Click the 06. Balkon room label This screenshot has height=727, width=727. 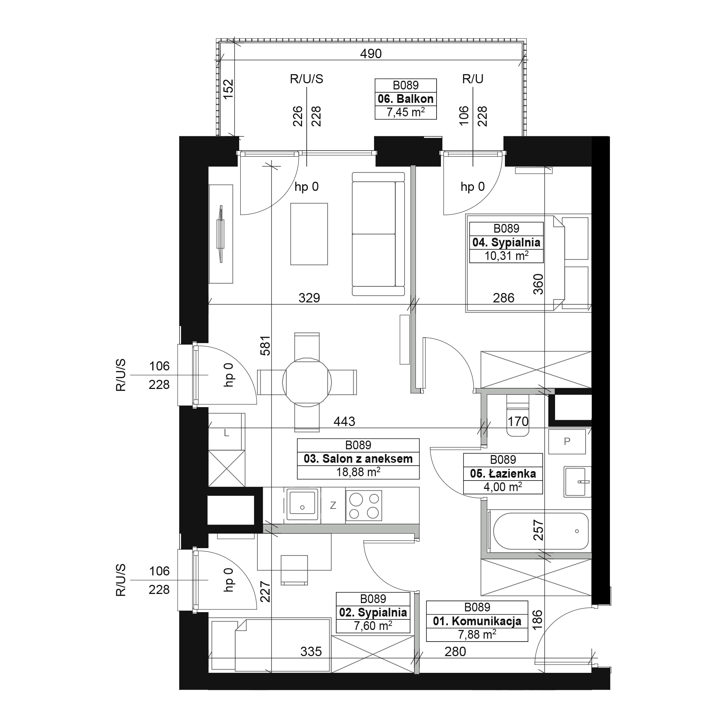click(x=406, y=99)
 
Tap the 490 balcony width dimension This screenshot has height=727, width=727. click(x=371, y=54)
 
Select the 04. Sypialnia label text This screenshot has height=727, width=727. click(x=506, y=242)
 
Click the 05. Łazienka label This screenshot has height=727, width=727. click(x=503, y=473)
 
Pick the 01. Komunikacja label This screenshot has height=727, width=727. click(x=477, y=621)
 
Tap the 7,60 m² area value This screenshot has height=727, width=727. click(x=373, y=626)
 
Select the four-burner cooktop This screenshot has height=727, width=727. click(x=363, y=505)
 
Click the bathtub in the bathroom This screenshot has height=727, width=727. click(x=541, y=531)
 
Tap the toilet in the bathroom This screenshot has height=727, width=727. click(x=518, y=415)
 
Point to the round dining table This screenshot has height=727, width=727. click(x=307, y=382)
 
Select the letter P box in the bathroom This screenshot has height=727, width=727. click(x=567, y=441)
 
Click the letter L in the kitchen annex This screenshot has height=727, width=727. click(x=226, y=433)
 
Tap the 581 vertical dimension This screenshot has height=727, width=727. click(x=265, y=345)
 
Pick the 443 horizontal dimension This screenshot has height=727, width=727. click(x=344, y=421)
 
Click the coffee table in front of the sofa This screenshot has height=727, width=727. click(x=309, y=234)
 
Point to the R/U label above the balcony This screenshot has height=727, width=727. click(x=473, y=79)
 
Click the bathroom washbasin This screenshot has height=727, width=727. click(x=577, y=482)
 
